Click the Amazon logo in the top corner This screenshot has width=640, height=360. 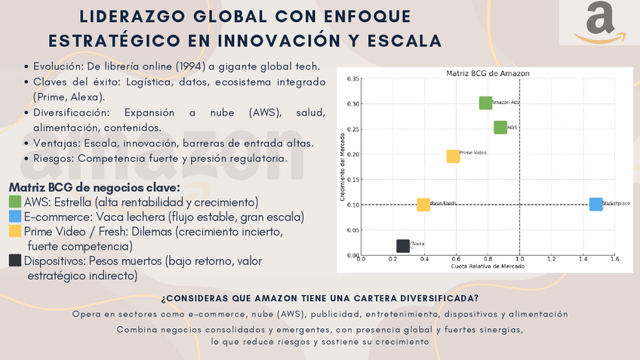click(599, 23)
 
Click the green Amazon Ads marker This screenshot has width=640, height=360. click(486, 103)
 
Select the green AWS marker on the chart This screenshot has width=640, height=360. click(500, 128)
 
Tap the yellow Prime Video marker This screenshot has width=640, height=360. click(453, 156)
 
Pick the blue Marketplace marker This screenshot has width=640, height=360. click(595, 205)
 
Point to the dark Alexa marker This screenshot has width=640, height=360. click(403, 245)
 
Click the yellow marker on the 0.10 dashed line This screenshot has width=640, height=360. click(423, 205)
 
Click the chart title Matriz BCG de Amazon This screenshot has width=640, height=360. click(488, 73)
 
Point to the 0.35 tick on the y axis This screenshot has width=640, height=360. click(352, 78)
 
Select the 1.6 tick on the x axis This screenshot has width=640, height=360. click(614, 260)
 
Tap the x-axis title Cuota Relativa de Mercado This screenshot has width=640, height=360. click(488, 266)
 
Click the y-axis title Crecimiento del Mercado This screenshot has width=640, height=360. click(343, 166)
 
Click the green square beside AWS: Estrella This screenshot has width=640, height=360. click(15, 202)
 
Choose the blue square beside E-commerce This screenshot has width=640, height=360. click(15, 217)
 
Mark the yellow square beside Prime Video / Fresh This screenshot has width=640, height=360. click(15, 231)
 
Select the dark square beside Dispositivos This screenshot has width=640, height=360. click(15, 260)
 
